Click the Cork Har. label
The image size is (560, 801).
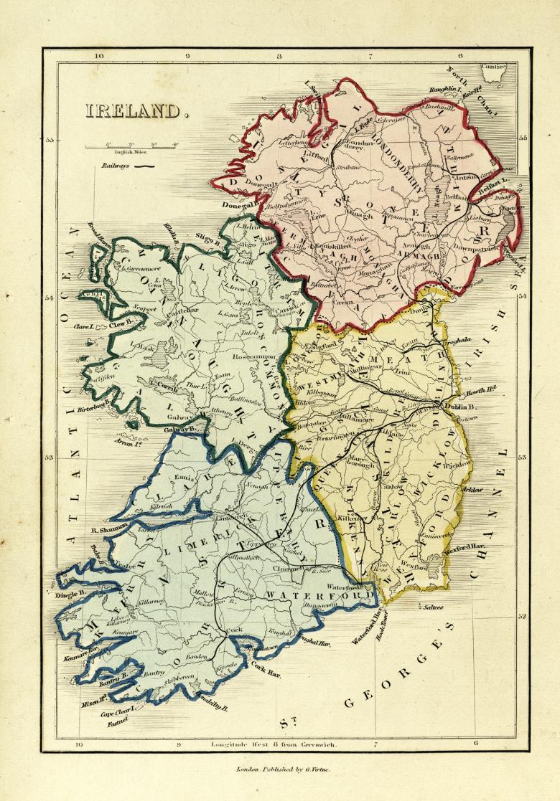coord(266,673)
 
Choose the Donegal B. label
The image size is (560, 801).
coord(240,204)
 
